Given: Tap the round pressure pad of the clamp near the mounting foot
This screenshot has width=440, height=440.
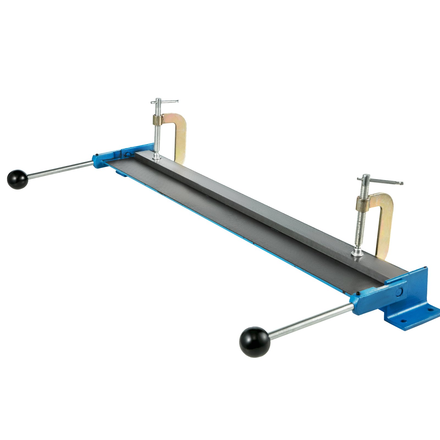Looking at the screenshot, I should coord(358,252).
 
